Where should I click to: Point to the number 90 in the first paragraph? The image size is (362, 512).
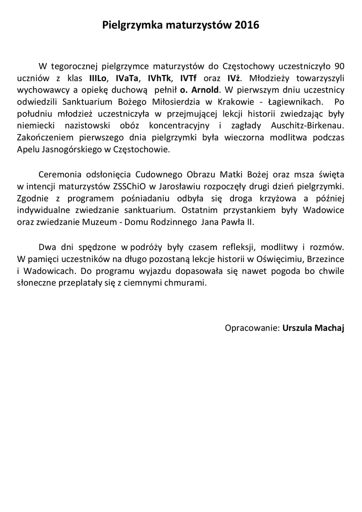(x=338, y=66)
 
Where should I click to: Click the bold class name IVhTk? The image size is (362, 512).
(x=159, y=78)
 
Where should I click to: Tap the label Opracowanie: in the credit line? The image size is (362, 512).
(x=252, y=328)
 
